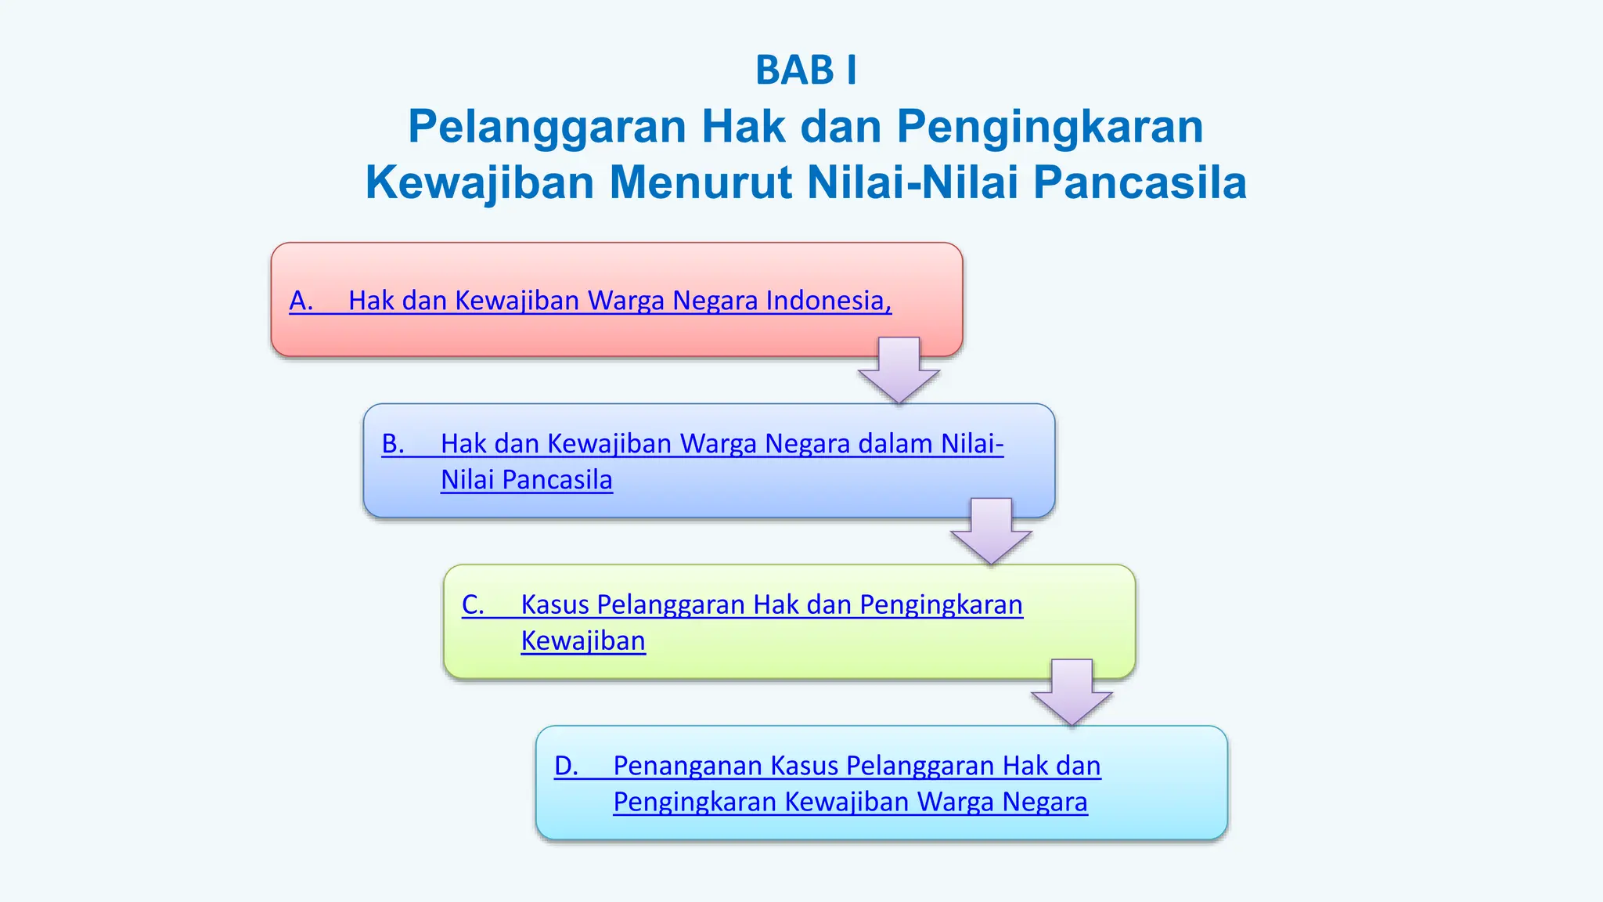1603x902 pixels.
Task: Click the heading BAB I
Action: [x=805, y=70]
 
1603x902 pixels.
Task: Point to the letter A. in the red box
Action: [x=301, y=301]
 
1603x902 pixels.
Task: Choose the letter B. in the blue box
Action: [x=393, y=444]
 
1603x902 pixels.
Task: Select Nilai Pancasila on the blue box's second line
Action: [x=526, y=480]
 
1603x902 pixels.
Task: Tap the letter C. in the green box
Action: [x=473, y=604]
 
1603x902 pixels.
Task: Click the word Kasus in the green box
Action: [x=554, y=604]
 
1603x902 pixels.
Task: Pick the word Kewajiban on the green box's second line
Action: [x=583, y=641]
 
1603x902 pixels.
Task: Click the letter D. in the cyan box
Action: [x=565, y=766]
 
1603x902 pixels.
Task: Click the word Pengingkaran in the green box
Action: [x=941, y=604]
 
